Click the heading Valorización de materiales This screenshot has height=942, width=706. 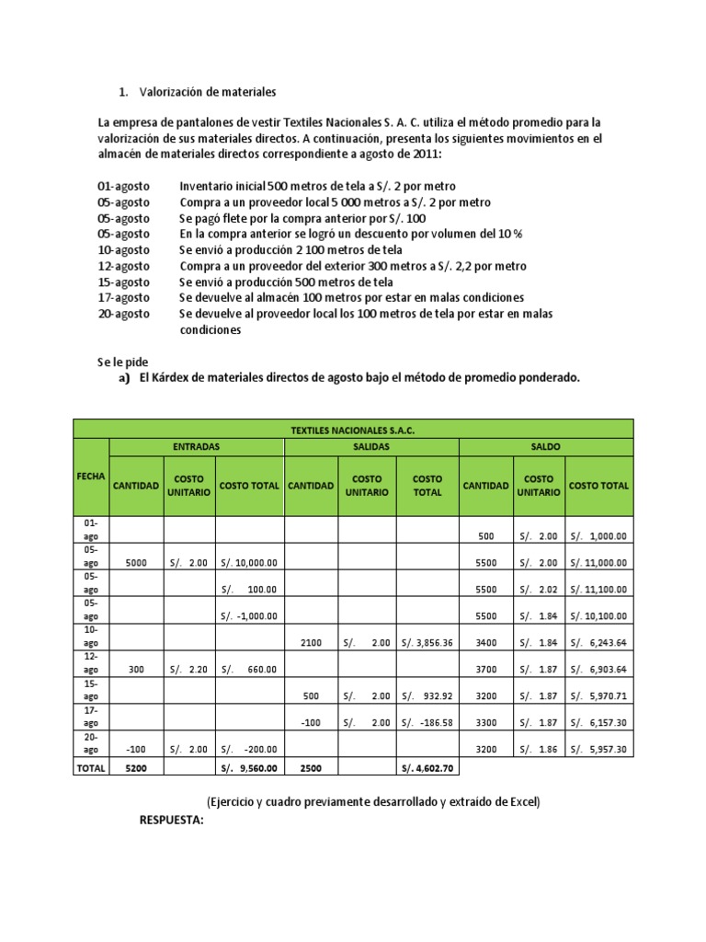(207, 92)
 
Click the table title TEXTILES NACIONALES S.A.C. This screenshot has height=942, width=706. (353, 430)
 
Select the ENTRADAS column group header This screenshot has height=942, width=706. (197, 446)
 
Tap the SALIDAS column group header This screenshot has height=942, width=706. (370, 446)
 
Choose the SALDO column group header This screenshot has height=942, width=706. (545, 446)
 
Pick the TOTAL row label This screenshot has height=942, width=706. (91, 766)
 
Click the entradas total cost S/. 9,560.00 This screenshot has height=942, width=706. (249, 766)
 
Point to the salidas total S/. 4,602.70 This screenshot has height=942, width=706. (427, 766)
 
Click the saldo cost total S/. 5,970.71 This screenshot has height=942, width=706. (598, 696)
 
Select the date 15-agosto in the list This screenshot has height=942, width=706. (124, 281)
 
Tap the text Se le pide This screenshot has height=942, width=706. (122, 362)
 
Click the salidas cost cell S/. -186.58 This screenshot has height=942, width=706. (427, 723)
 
